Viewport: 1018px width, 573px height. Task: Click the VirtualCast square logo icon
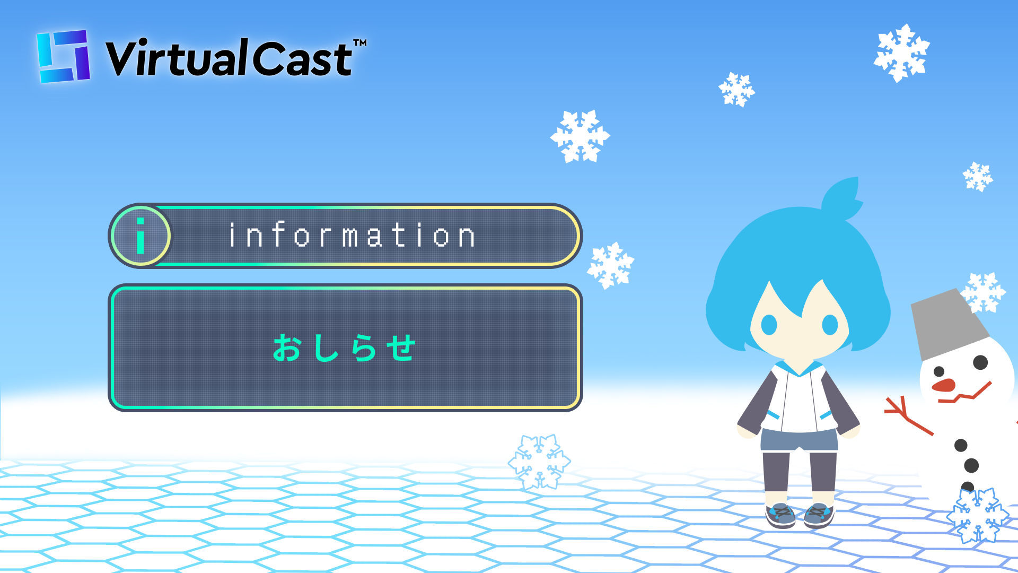click(x=63, y=56)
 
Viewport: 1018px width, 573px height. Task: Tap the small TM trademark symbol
click(x=360, y=42)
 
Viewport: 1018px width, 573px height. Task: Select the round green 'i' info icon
click(x=141, y=236)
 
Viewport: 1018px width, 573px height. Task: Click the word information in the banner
click(x=352, y=236)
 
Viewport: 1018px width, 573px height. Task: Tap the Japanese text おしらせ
click(x=344, y=348)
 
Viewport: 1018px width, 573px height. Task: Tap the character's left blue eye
click(x=769, y=325)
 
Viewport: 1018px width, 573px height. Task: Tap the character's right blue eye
click(x=830, y=325)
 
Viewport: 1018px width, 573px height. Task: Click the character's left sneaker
click(x=780, y=515)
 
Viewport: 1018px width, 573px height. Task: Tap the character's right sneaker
click(x=819, y=515)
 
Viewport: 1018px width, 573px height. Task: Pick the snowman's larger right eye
click(x=980, y=362)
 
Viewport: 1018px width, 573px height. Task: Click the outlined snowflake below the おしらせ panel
click(x=539, y=462)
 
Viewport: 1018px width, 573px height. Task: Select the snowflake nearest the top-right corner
click(x=901, y=53)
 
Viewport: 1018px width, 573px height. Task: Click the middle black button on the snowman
click(x=971, y=466)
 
